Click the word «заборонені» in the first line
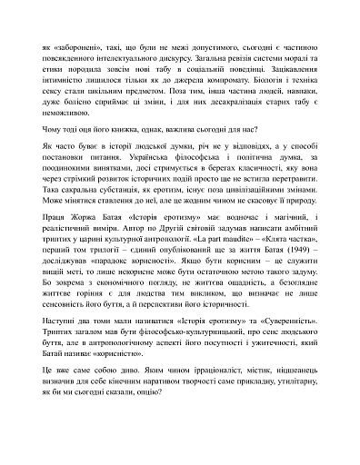coord(75,43)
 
